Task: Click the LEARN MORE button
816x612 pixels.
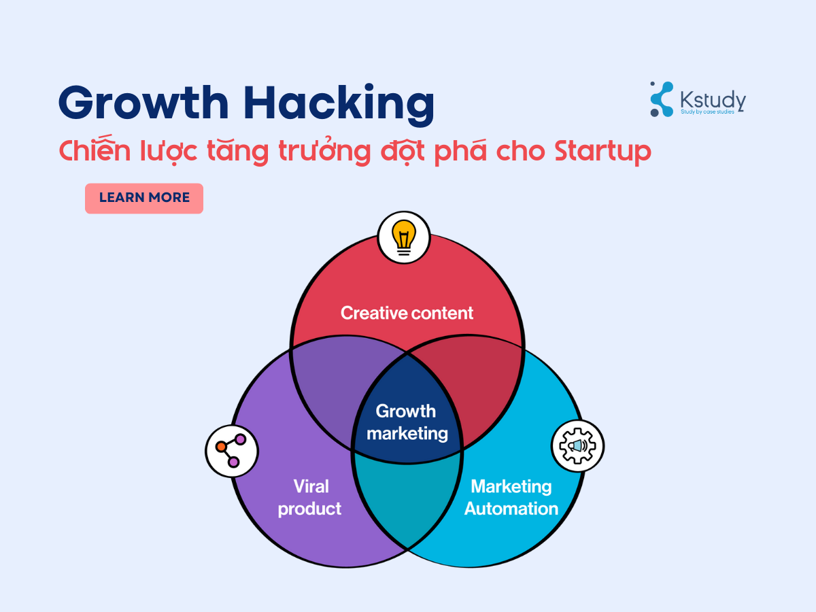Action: tap(144, 199)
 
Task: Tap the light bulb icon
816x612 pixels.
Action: tap(404, 237)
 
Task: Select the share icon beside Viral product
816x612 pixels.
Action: tap(231, 450)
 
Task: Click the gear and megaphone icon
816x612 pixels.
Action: tap(577, 445)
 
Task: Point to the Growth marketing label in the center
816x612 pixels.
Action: tap(407, 422)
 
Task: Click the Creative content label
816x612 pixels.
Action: tap(407, 313)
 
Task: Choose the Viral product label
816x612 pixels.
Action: tap(309, 498)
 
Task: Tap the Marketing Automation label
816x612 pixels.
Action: tap(511, 497)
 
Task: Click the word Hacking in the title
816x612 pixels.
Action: tap(339, 103)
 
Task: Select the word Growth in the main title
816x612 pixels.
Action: tap(143, 102)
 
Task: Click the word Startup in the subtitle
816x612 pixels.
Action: tap(602, 152)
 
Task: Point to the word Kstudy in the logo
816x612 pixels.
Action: tap(713, 99)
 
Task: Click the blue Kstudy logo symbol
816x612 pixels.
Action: tap(662, 99)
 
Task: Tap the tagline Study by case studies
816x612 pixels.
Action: tap(707, 112)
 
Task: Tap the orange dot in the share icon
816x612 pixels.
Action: tap(221, 447)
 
